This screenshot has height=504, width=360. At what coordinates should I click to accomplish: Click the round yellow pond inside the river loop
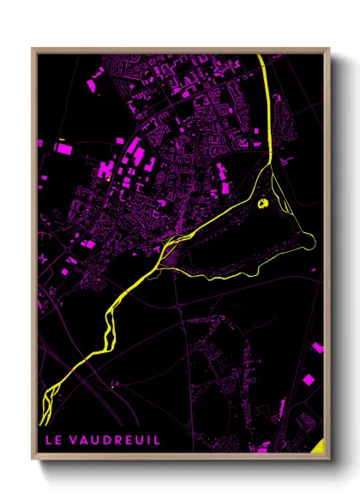pos(264,204)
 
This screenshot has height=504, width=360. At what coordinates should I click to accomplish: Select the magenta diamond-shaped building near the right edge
pos(309,379)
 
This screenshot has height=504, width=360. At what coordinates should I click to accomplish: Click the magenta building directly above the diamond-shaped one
pos(316,348)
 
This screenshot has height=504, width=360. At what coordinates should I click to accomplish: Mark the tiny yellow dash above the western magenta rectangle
pos(63,137)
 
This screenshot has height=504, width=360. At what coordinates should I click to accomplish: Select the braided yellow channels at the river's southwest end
pos(50,394)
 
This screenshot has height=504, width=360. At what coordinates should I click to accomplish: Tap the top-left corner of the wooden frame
pos(33,50)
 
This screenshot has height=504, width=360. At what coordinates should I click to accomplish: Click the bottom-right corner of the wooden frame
pos(328,459)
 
